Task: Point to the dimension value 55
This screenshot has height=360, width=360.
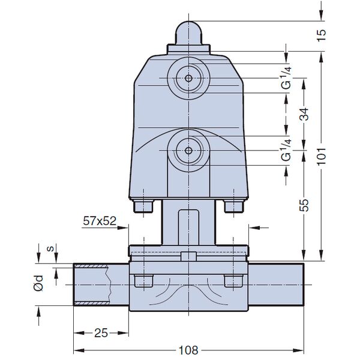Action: point(305,205)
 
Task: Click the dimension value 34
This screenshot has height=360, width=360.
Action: point(305,113)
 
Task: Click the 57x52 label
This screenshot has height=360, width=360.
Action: point(99,221)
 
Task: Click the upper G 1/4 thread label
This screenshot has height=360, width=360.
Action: point(287,77)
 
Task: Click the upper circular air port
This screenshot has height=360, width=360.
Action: point(188,78)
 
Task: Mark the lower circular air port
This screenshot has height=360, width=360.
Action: point(188,151)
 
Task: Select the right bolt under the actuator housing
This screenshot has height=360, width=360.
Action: point(232,205)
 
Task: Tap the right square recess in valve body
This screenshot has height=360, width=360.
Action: point(230,281)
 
